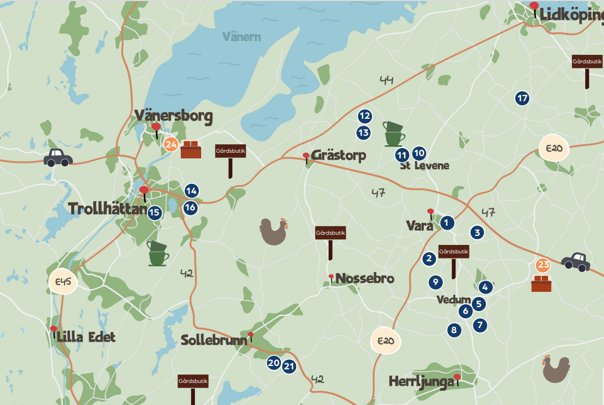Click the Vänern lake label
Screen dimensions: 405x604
(x=241, y=37)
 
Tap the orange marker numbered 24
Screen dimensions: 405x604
(x=171, y=144)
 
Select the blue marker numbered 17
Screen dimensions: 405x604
(x=522, y=98)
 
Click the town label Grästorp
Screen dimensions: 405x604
(x=338, y=155)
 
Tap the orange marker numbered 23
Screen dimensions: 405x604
(x=542, y=265)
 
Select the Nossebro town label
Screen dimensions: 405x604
(x=364, y=278)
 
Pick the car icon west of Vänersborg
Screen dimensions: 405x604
(x=58, y=157)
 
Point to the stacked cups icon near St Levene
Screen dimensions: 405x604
(x=394, y=134)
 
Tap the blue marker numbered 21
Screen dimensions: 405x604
(x=289, y=367)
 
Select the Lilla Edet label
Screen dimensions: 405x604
(x=86, y=337)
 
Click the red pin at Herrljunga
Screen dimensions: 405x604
(x=457, y=377)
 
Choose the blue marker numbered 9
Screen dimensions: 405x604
(x=434, y=281)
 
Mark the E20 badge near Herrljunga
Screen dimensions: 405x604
(x=385, y=341)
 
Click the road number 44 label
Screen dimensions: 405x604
(x=386, y=81)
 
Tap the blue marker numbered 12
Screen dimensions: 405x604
(x=364, y=116)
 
